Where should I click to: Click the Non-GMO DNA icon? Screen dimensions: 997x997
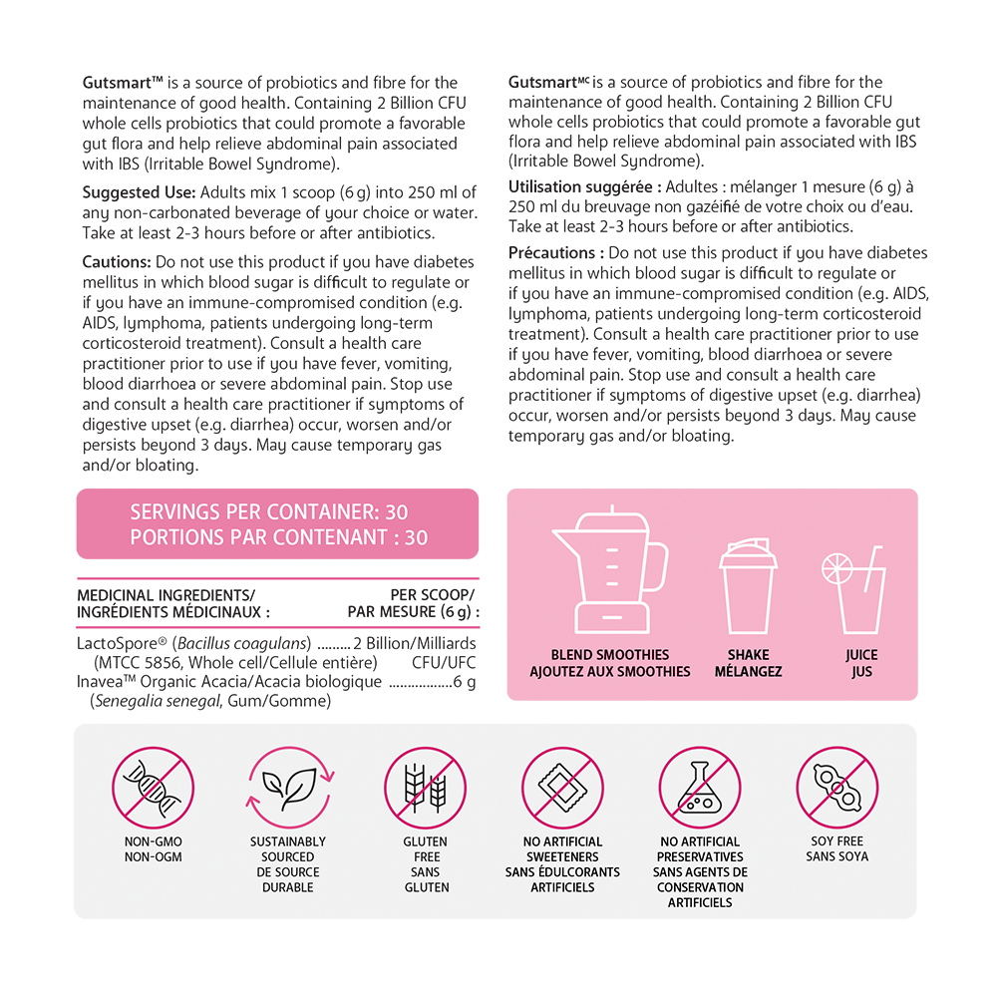153,788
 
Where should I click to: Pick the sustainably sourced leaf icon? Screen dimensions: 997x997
288,788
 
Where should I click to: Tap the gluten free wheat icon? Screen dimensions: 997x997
426,788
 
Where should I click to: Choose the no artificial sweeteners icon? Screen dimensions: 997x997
562,788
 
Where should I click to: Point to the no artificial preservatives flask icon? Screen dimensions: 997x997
700,788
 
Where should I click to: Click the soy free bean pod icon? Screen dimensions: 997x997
836,788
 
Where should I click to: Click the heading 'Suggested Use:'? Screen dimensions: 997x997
140,192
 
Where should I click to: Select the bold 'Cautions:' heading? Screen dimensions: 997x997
117,262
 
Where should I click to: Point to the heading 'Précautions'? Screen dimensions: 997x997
554,253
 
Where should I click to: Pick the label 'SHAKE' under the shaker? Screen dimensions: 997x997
748,655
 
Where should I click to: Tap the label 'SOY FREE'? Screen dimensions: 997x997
836,841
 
